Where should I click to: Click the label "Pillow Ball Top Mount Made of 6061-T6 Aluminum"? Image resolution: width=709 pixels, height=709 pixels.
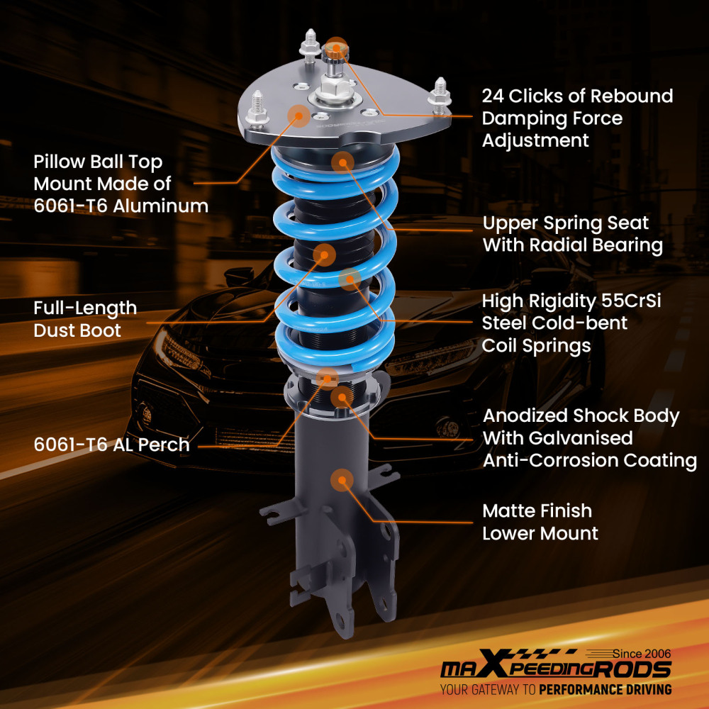(121, 184)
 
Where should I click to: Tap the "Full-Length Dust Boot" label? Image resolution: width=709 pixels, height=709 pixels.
(85, 319)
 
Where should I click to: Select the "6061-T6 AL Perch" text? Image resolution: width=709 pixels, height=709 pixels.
(111, 445)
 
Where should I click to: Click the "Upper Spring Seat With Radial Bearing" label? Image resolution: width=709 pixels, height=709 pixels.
(572, 234)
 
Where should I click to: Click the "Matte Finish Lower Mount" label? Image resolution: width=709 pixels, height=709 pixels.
(540, 521)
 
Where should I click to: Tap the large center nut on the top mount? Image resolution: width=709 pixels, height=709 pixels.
(331, 91)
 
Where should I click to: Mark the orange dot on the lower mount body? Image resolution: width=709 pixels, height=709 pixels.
(343, 480)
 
